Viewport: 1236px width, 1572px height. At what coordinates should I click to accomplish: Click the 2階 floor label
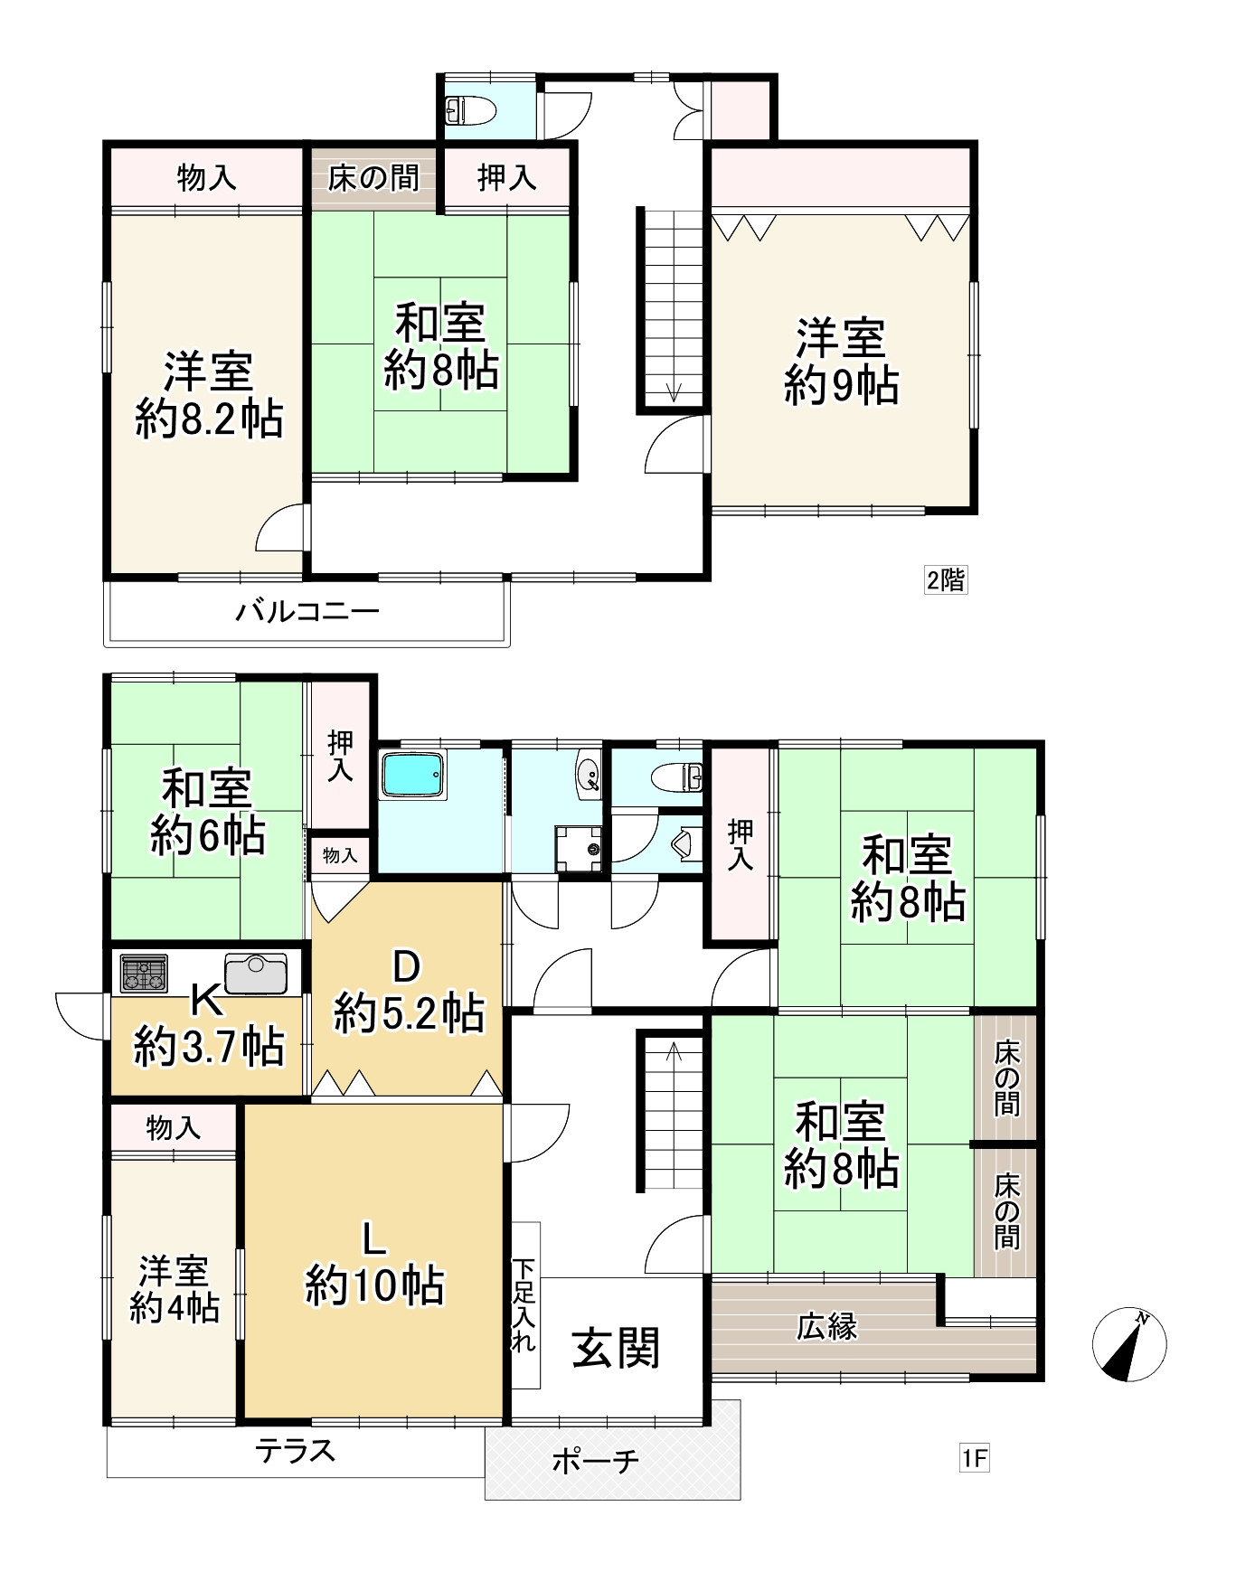pyautogui.click(x=945, y=579)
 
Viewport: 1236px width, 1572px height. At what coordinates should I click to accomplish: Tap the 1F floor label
pyautogui.click(x=974, y=1458)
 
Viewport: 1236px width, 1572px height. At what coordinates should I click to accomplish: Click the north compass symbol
pyautogui.click(x=1129, y=1344)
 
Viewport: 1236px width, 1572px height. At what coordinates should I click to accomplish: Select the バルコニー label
pyautogui.click(x=307, y=612)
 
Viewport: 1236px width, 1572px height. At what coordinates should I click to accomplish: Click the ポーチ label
pyautogui.click(x=596, y=1460)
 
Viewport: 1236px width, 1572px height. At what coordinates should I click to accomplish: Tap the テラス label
pyautogui.click(x=296, y=1450)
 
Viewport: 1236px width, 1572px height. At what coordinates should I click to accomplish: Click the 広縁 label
pyautogui.click(x=827, y=1327)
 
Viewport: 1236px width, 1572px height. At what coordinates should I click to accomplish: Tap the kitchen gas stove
pyautogui.click(x=144, y=974)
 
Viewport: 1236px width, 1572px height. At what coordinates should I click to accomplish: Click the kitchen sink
pyautogui.click(x=256, y=974)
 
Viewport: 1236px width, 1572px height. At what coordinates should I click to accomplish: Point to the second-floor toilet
pyautogui.click(x=470, y=109)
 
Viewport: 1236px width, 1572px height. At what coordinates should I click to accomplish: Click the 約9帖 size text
pyautogui.click(x=841, y=386)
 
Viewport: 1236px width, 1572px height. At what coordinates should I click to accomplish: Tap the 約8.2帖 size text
pyautogui.click(x=210, y=419)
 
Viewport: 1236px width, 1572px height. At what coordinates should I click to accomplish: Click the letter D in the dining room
pyautogui.click(x=406, y=968)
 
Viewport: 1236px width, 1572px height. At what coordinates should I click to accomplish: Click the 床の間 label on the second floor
pyautogui.click(x=373, y=178)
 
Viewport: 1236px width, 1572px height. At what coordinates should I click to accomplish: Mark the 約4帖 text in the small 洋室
pyautogui.click(x=174, y=1308)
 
